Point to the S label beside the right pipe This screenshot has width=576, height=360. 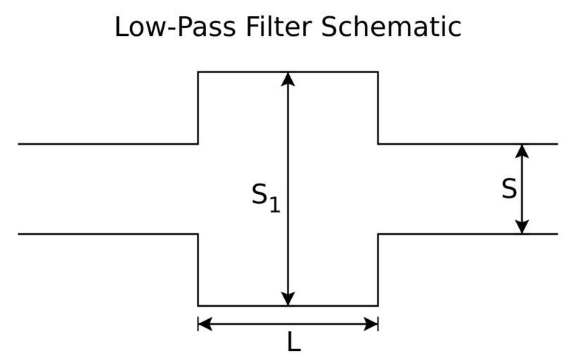point(508,188)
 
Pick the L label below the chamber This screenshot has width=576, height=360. point(293,342)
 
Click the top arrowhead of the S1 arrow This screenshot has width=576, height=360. point(288,79)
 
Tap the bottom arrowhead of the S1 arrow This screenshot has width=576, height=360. point(288,298)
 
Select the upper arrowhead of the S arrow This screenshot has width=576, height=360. point(521,150)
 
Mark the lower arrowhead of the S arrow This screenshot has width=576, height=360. point(521,226)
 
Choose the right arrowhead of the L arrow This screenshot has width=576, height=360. point(371,323)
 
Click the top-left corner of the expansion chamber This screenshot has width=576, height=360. point(198,72)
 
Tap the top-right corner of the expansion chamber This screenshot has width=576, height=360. point(378,72)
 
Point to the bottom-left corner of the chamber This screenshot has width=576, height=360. point(198,305)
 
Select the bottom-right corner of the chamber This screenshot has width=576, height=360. point(378,305)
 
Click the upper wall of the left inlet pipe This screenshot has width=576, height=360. point(105,143)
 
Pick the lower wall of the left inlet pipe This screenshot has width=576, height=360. point(105,233)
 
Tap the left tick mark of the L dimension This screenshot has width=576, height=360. point(198,323)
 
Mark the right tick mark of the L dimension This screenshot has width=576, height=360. point(378,323)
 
